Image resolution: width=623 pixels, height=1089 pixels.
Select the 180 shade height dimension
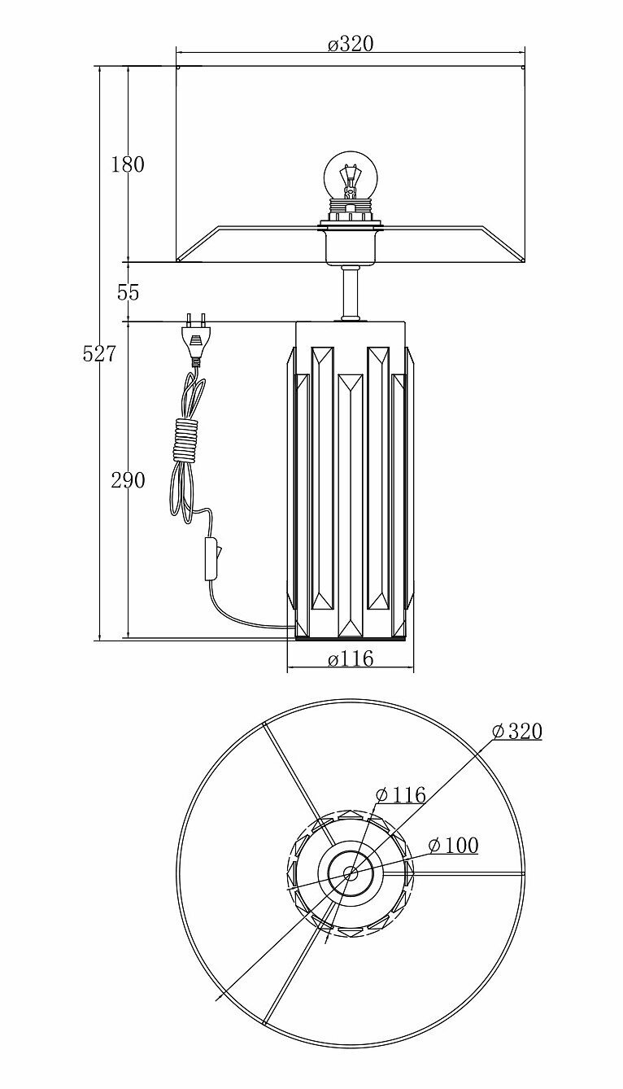[128, 164]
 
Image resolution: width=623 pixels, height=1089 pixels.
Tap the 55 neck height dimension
[129, 292]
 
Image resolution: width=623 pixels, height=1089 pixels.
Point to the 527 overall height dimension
[99, 354]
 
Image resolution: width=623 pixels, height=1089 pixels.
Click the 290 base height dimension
[128, 480]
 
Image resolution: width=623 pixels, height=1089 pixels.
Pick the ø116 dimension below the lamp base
[351, 659]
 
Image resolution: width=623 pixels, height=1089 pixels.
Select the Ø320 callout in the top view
[516, 731]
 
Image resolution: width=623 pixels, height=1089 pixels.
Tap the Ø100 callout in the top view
[453, 846]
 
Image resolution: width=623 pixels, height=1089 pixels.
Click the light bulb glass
[350, 171]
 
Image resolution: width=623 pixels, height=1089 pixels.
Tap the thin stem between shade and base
[350, 293]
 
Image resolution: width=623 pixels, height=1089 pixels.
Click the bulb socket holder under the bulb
[351, 244]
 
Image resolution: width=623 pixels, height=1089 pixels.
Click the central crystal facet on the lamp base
[351, 505]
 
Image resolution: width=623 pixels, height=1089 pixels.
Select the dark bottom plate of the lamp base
[351, 639]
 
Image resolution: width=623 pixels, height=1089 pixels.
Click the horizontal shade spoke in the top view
[464, 874]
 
